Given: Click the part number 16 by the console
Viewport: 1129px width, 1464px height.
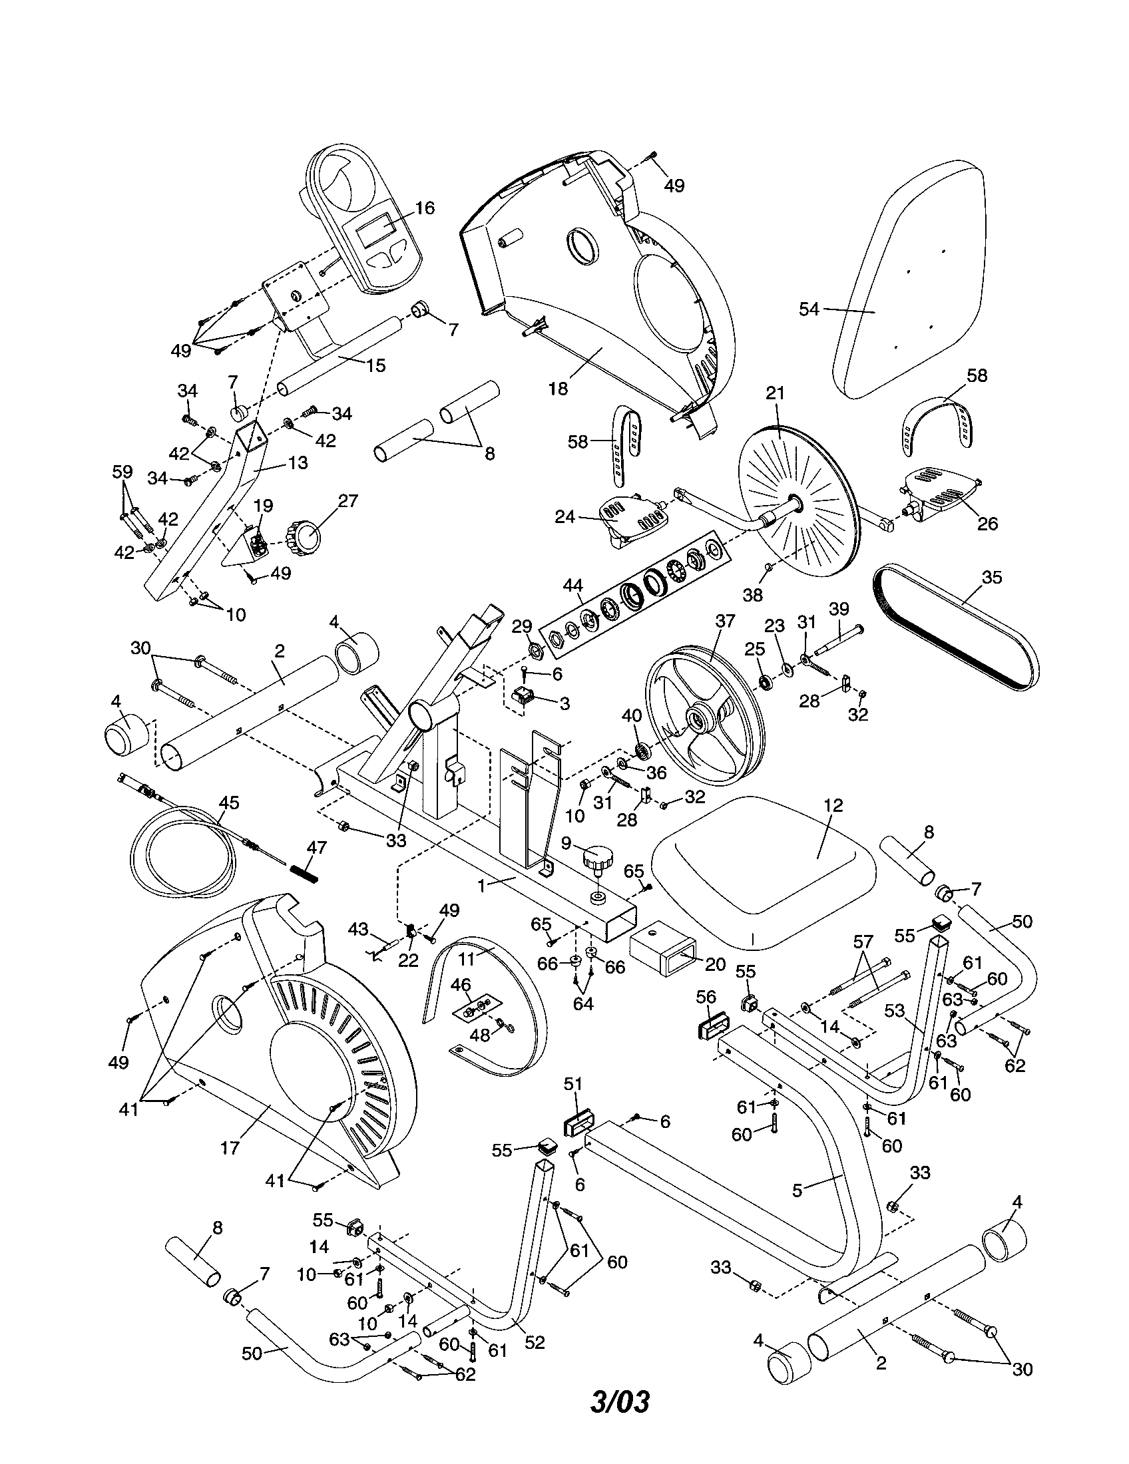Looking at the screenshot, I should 424,208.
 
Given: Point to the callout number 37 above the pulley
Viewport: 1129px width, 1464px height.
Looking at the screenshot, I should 725,621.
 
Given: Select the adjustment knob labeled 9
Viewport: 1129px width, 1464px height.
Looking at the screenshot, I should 598,858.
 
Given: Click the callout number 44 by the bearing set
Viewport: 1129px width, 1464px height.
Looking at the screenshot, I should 572,586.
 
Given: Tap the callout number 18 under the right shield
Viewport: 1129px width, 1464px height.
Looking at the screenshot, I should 558,388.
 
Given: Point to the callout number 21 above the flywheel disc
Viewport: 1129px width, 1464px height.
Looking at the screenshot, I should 775,393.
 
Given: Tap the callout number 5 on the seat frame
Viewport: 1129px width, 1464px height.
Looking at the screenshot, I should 797,1190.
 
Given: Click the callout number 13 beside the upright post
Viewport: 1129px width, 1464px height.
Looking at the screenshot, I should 298,462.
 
